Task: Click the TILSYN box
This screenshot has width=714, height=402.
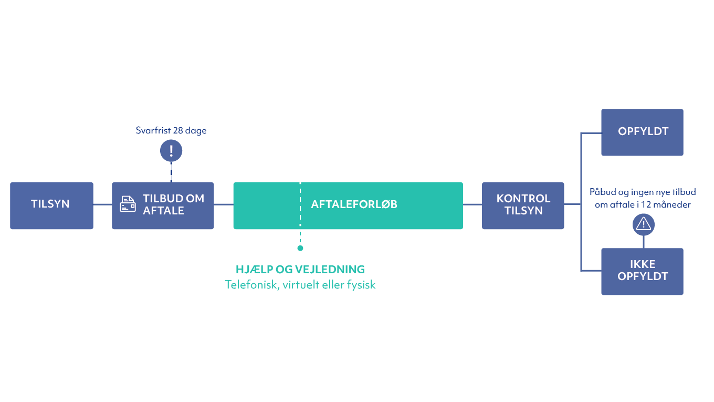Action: (x=51, y=205)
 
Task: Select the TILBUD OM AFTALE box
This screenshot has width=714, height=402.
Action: (x=163, y=205)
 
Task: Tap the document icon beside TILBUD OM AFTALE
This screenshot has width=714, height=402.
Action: (x=128, y=204)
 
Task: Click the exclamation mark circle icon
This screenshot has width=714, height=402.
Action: (x=171, y=151)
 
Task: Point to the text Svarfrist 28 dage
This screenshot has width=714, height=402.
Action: (x=171, y=130)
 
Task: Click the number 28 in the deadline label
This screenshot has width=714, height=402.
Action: (x=178, y=130)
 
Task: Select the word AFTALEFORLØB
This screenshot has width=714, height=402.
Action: (x=354, y=204)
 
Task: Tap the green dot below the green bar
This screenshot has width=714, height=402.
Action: (x=300, y=248)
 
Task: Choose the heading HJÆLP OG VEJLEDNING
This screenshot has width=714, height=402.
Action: (x=300, y=270)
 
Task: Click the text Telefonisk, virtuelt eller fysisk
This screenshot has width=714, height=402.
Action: (x=300, y=285)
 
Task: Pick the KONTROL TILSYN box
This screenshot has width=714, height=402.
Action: (x=523, y=205)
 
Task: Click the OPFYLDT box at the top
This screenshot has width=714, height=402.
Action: (x=643, y=131)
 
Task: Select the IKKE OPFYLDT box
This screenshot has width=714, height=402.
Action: (x=643, y=271)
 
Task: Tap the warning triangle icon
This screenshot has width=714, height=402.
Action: (x=643, y=224)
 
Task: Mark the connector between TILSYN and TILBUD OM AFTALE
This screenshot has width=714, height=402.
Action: (x=102, y=204)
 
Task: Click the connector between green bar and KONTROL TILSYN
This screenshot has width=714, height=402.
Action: (x=472, y=204)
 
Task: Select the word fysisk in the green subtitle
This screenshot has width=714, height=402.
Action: (x=362, y=285)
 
